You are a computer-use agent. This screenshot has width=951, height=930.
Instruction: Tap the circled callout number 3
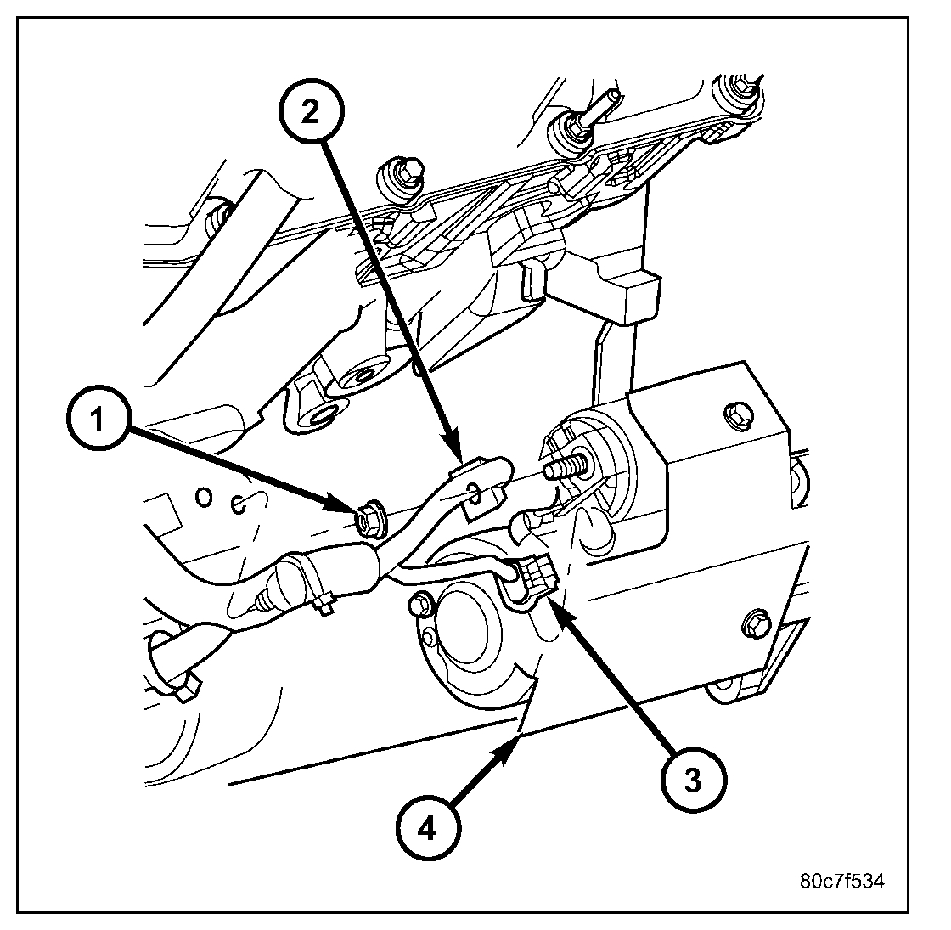pyautogui.click(x=693, y=781)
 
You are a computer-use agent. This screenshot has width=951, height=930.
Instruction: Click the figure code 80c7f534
pyautogui.click(x=841, y=882)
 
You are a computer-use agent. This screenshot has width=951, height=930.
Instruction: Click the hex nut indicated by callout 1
pyautogui.click(x=368, y=516)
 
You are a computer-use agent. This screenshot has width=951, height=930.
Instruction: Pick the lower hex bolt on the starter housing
pyautogui.click(x=756, y=623)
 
